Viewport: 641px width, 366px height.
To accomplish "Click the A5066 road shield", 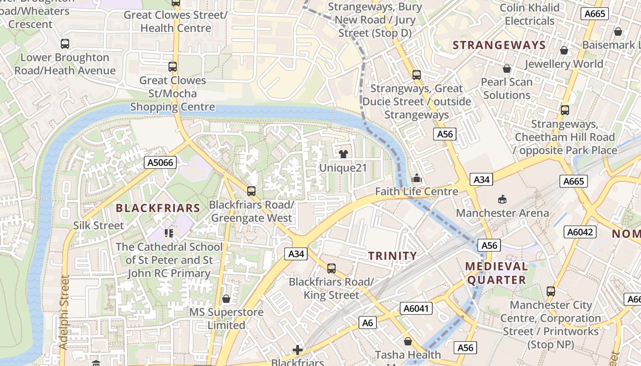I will click(x=160, y=162).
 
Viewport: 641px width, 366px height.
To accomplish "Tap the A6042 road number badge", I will click(x=580, y=232).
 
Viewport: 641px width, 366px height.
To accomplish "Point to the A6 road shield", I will click(x=368, y=323).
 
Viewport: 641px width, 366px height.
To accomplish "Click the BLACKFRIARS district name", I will click(x=158, y=208).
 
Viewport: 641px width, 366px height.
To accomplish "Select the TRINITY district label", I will click(x=393, y=256).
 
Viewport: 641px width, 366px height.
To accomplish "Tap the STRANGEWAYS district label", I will click(x=499, y=45).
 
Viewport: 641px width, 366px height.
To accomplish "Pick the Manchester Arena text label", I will click(x=502, y=213).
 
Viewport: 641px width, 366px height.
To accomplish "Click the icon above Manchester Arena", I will click(x=502, y=199).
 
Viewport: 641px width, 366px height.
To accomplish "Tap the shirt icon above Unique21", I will click(x=343, y=154).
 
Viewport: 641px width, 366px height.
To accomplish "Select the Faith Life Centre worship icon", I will click(x=417, y=178).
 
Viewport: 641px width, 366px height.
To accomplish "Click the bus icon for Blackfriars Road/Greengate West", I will click(x=251, y=191).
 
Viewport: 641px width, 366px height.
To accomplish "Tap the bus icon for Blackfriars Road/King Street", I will click(x=331, y=269).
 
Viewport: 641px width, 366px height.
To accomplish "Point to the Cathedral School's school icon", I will click(x=169, y=233).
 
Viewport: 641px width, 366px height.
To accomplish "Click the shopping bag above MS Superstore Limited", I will click(x=226, y=299).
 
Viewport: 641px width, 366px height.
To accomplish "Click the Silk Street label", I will click(x=98, y=226).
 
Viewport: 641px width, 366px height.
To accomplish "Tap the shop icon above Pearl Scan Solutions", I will click(x=507, y=69).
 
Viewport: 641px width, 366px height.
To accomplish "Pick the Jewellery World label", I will click(x=563, y=64).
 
